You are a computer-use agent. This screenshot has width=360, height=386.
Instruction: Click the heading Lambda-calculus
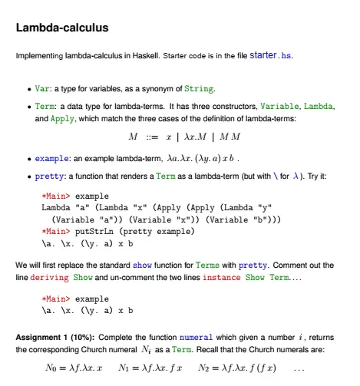pos(61,28)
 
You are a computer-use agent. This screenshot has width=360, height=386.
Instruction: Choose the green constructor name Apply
pos(62,120)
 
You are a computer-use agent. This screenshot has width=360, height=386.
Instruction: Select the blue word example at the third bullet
pos(53,159)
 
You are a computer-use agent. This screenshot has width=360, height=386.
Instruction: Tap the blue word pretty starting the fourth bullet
pos(50,177)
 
